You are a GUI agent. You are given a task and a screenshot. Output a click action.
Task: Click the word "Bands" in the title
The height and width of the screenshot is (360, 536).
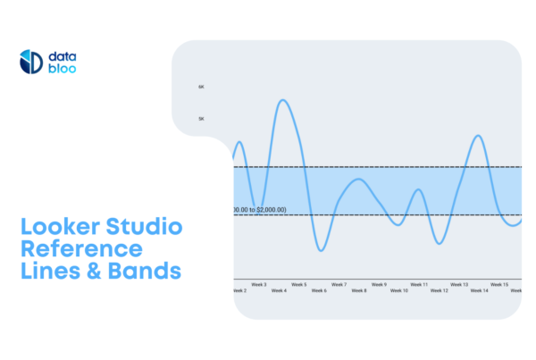coord(146,270)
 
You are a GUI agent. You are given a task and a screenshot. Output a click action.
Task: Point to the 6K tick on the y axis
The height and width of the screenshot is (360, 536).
coord(201,87)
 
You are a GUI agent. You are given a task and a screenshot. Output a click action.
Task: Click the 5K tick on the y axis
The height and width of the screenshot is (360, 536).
coord(201,118)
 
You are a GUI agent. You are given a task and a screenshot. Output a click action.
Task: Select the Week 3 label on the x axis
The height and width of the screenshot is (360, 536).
coord(258,284)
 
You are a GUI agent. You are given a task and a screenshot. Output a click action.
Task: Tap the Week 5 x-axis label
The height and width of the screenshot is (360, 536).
coord(298,284)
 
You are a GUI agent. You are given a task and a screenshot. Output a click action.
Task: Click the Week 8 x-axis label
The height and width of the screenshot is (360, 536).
coord(358,290)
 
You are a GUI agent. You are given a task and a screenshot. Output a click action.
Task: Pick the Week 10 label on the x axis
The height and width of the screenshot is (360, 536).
coord(398,290)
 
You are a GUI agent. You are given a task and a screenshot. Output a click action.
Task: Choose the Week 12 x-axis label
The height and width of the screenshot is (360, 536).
coord(439,290)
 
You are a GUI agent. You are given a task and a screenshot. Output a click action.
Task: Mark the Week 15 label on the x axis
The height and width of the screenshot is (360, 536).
coord(499,284)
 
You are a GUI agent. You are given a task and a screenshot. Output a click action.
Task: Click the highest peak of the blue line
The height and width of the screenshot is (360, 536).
coord(284,100)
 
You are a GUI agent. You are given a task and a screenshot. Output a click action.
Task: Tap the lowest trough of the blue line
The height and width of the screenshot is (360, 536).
coord(321,250)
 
